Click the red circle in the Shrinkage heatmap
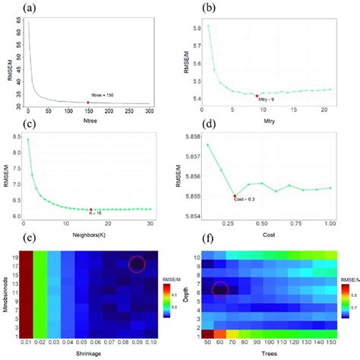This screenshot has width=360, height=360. click(x=137, y=264)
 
